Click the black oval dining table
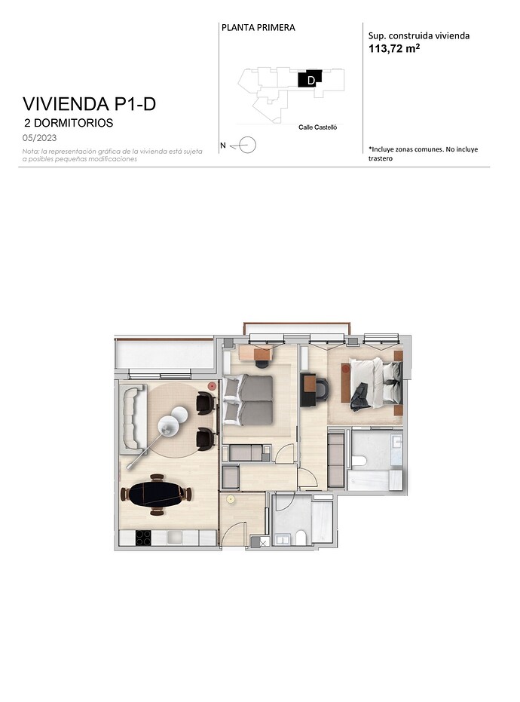[x=157, y=495]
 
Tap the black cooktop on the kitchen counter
[x=143, y=538]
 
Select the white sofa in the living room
[x=133, y=417]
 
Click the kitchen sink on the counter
[x=176, y=537]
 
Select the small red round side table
[x=212, y=385]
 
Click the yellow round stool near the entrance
[x=231, y=498]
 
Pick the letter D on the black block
[x=311, y=81]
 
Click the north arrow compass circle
[x=247, y=145]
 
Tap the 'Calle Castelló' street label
[x=318, y=127]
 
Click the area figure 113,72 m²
[x=394, y=48]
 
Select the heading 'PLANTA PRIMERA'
[x=258, y=28]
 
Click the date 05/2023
[x=40, y=138]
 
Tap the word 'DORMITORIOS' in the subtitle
[x=73, y=123]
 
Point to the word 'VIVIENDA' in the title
[x=66, y=104]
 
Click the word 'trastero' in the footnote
[x=381, y=158]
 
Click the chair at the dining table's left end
[x=124, y=495]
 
